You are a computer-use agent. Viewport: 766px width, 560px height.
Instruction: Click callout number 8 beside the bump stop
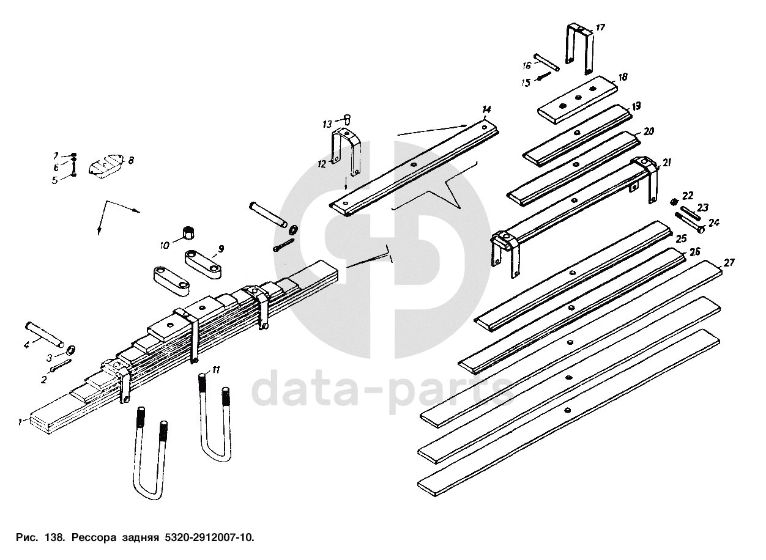(x=130, y=160)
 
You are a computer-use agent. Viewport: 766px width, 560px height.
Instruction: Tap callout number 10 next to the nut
(x=165, y=245)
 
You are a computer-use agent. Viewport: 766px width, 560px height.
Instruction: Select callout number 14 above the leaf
(x=486, y=110)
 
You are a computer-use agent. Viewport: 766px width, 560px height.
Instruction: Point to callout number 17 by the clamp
(x=600, y=28)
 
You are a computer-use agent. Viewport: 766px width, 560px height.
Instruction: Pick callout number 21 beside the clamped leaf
(x=666, y=163)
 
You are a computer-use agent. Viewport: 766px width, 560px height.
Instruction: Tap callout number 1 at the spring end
(x=20, y=422)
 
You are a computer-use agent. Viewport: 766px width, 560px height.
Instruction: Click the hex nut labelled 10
(x=188, y=233)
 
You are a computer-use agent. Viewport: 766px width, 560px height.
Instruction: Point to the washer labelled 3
(x=70, y=350)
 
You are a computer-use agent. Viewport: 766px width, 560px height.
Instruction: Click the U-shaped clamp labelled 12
(x=346, y=150)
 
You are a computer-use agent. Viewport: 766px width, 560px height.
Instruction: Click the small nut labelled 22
(x=674, y=201)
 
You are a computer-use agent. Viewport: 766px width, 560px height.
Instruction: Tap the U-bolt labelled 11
(x=215, y=422)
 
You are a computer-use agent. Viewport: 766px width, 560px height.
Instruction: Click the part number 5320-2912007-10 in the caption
(x=207, y=538)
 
